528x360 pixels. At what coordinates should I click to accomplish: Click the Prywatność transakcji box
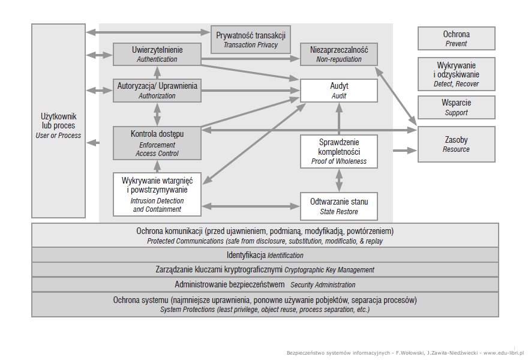point(251,40)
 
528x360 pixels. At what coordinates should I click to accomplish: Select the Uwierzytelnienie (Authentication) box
point(157,54)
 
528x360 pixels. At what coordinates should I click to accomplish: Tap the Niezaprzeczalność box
point(339,54)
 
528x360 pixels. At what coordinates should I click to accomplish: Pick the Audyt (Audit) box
point(339,91)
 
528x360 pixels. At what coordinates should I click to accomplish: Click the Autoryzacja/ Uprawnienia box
point(157,91)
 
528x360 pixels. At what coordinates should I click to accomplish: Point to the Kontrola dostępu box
point(157,143)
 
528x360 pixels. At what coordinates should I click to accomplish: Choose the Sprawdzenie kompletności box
point(339,152)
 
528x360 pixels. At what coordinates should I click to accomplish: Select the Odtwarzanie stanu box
point(339,206)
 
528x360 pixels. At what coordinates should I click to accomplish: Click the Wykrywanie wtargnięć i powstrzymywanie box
point(157,194)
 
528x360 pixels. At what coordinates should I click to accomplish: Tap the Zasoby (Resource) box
point(456,145)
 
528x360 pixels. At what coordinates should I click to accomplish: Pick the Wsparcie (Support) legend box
point(456,107)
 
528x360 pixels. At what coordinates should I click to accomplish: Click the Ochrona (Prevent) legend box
point(456,38)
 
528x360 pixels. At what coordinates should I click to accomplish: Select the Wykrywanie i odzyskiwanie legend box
point(456,74)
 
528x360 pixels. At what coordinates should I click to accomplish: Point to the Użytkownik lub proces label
point(59,125)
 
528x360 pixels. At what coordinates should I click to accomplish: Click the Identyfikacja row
point(265,255)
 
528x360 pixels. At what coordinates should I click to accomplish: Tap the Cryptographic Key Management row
point(265,270)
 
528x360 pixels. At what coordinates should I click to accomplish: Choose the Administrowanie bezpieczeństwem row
point(265,284)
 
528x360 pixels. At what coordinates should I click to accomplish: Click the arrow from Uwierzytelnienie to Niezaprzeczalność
point(251,59)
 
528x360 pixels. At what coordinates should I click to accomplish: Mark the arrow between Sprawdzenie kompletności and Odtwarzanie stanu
point(339,180)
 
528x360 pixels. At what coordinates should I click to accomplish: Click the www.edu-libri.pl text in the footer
point(504,353)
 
